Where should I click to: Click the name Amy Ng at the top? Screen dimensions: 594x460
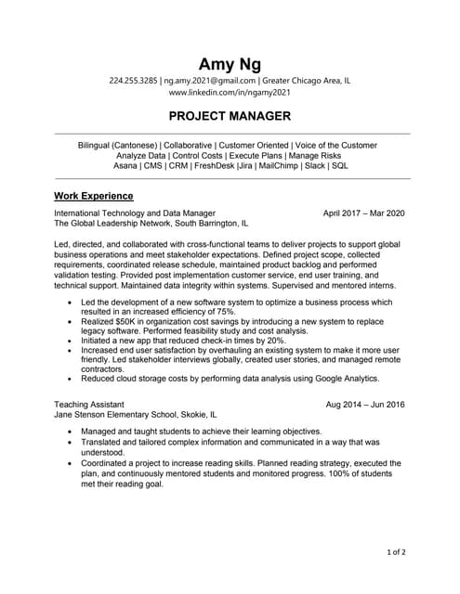point(230,64)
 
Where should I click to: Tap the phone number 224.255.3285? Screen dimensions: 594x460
point(133,82)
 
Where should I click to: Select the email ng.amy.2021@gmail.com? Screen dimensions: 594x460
point(211,82)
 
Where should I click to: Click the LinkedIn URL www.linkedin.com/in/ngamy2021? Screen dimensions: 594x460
point(230,94)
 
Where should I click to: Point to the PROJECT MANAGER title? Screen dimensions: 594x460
point(230,117)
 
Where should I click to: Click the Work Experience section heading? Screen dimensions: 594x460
point(94,197)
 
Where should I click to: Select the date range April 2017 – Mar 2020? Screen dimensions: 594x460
point(364,213)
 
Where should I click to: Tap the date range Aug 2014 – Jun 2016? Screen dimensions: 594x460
point(365,405)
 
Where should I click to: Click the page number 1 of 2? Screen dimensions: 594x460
point(396,552)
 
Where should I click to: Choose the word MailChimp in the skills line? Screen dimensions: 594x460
point(280,166)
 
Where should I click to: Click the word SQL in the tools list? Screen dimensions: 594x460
point(340,166)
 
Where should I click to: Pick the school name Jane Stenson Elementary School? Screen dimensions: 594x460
point(118,415)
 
